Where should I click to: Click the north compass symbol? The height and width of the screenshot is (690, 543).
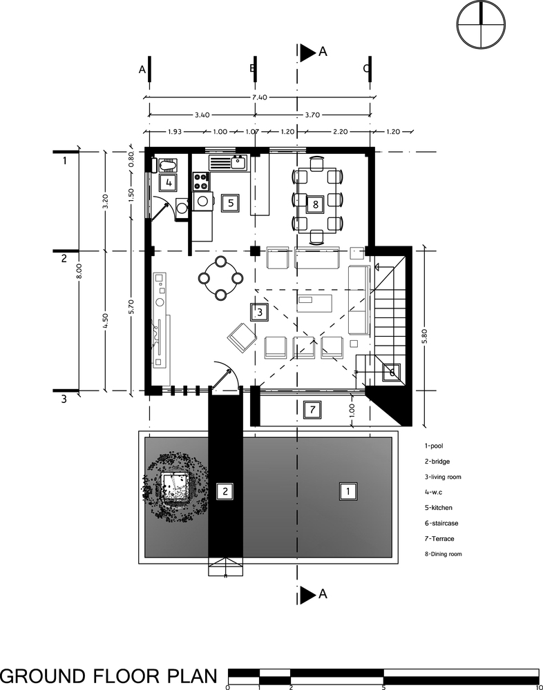click(x=481, y=24)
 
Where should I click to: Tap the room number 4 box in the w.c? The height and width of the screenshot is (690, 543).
click(x=169, y=182)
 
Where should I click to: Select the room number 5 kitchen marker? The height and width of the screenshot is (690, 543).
click(x=231, y=203)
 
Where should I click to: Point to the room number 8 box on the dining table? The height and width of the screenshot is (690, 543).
click(x=316, y=204)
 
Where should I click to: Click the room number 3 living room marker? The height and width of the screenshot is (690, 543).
click(x=260, y=312)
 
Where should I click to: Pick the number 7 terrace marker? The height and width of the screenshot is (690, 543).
click(x=312, y=410)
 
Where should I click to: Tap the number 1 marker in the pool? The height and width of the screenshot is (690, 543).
click(x=348, y=491)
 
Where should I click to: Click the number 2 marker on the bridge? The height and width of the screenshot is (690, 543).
click(x=225, y=491)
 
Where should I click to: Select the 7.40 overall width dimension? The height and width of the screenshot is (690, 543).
click(x=260, y=97)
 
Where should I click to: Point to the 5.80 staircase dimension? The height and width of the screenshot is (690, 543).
click(x=424, y=337)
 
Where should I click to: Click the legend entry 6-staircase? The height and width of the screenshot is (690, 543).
click(x=441, y=523)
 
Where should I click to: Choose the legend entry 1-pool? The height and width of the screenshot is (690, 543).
click(x=434, y=446)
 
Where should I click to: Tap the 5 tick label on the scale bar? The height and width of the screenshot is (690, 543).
click(x=383, y=687)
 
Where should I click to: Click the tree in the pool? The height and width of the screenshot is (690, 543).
click(x=175, y=487)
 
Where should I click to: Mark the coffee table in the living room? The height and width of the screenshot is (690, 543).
click(x=314, y=304)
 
